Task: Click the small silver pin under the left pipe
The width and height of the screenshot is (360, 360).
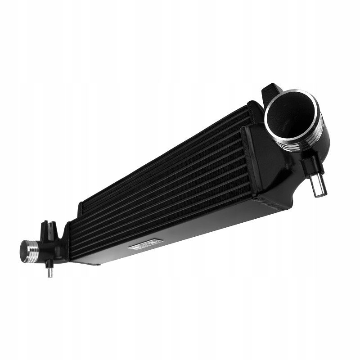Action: pos(50,272)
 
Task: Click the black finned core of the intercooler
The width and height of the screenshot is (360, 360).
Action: pos(162,180)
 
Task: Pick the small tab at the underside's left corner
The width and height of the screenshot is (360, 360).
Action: pos(92,264)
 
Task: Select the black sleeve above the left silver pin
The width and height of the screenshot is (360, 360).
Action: pos(49,262)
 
